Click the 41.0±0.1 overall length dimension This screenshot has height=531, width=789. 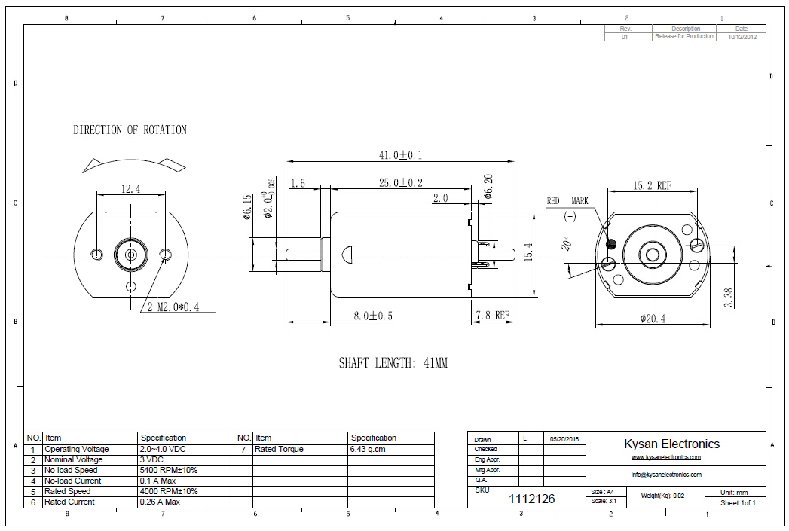click(x=400, y=155)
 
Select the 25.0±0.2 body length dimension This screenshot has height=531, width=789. click(x=400, y=182)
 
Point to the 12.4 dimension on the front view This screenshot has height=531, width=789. click(x=130, y=188)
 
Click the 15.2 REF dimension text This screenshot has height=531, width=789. click(x=652, y=185)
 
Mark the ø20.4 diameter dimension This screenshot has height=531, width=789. click(x=653, y=319)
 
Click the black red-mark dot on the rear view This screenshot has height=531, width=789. click(x=610, y=243)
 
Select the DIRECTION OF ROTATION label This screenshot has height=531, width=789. click(x=130, y=130)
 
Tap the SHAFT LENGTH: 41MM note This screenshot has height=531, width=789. click(x=393, y=363)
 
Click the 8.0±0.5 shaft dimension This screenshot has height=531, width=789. click(x=373, y=316)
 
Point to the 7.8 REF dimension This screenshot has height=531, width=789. click(x=491, y=316)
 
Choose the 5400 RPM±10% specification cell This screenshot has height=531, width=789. click(x=169, y=470)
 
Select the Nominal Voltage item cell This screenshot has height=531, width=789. click(x=73, y=459)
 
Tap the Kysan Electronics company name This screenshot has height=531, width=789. click(x=671, y=444)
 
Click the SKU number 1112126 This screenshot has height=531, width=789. click(x=532, y=499)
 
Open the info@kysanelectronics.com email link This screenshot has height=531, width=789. click(x=666, y=475)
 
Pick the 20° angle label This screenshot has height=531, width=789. click(x=566, y=245)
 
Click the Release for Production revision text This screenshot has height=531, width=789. click(x=684, y=36)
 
